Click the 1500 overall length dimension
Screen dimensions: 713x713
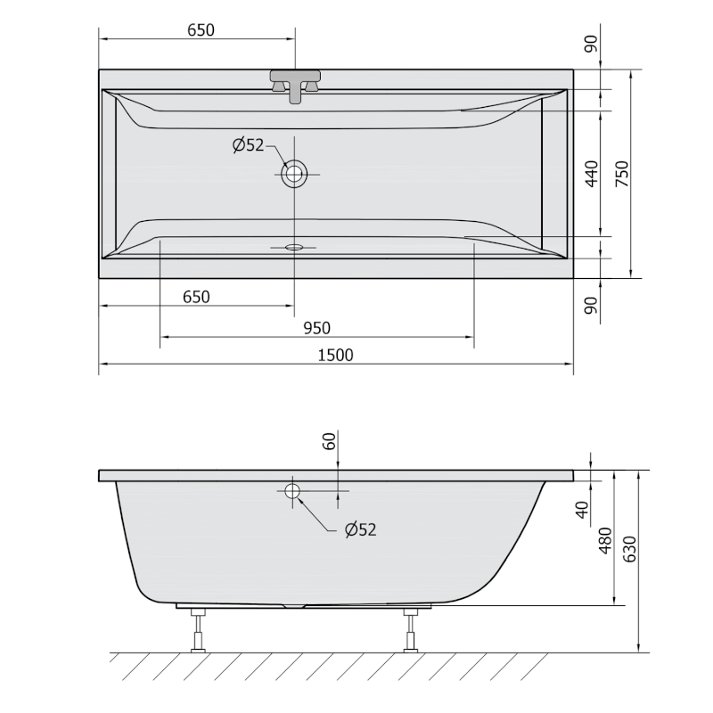[x=335, y=355]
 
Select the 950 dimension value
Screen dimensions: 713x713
[x=317, y=328]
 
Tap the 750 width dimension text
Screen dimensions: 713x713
[x=621, y=174]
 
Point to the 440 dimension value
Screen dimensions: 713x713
[x=592, y=173]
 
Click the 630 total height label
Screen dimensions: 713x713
[x=629, y=549]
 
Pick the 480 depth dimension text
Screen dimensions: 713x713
[x=605, y=541]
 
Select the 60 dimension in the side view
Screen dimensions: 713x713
[x=329, y=441]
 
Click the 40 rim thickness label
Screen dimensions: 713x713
[x=583, y=510]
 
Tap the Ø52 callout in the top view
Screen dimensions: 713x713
[x=248, y=145]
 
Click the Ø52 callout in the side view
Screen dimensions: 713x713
[x=361, y=529]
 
